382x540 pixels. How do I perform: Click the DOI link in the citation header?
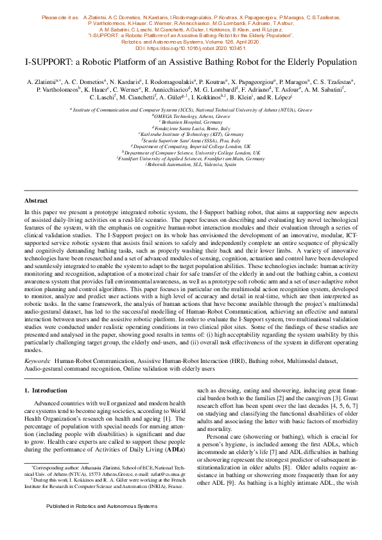pyautogui.click(x=190, y=48)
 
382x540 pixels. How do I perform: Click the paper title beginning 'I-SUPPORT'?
pyautogui.click(x=191, y=63)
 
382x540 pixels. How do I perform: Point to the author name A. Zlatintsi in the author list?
pyautogui.click(x=42, y=82)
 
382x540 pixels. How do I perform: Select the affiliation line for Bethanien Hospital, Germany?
pyautogui.click(x=191, y=121)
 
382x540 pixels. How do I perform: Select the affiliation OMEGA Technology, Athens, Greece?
pyautogui.click(x=191, y=115)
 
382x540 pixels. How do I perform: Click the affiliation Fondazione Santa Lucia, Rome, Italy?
pyautogui.click(x=191, y=128)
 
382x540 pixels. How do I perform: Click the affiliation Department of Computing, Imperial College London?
pyautogui.click(x=191, y=146)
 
